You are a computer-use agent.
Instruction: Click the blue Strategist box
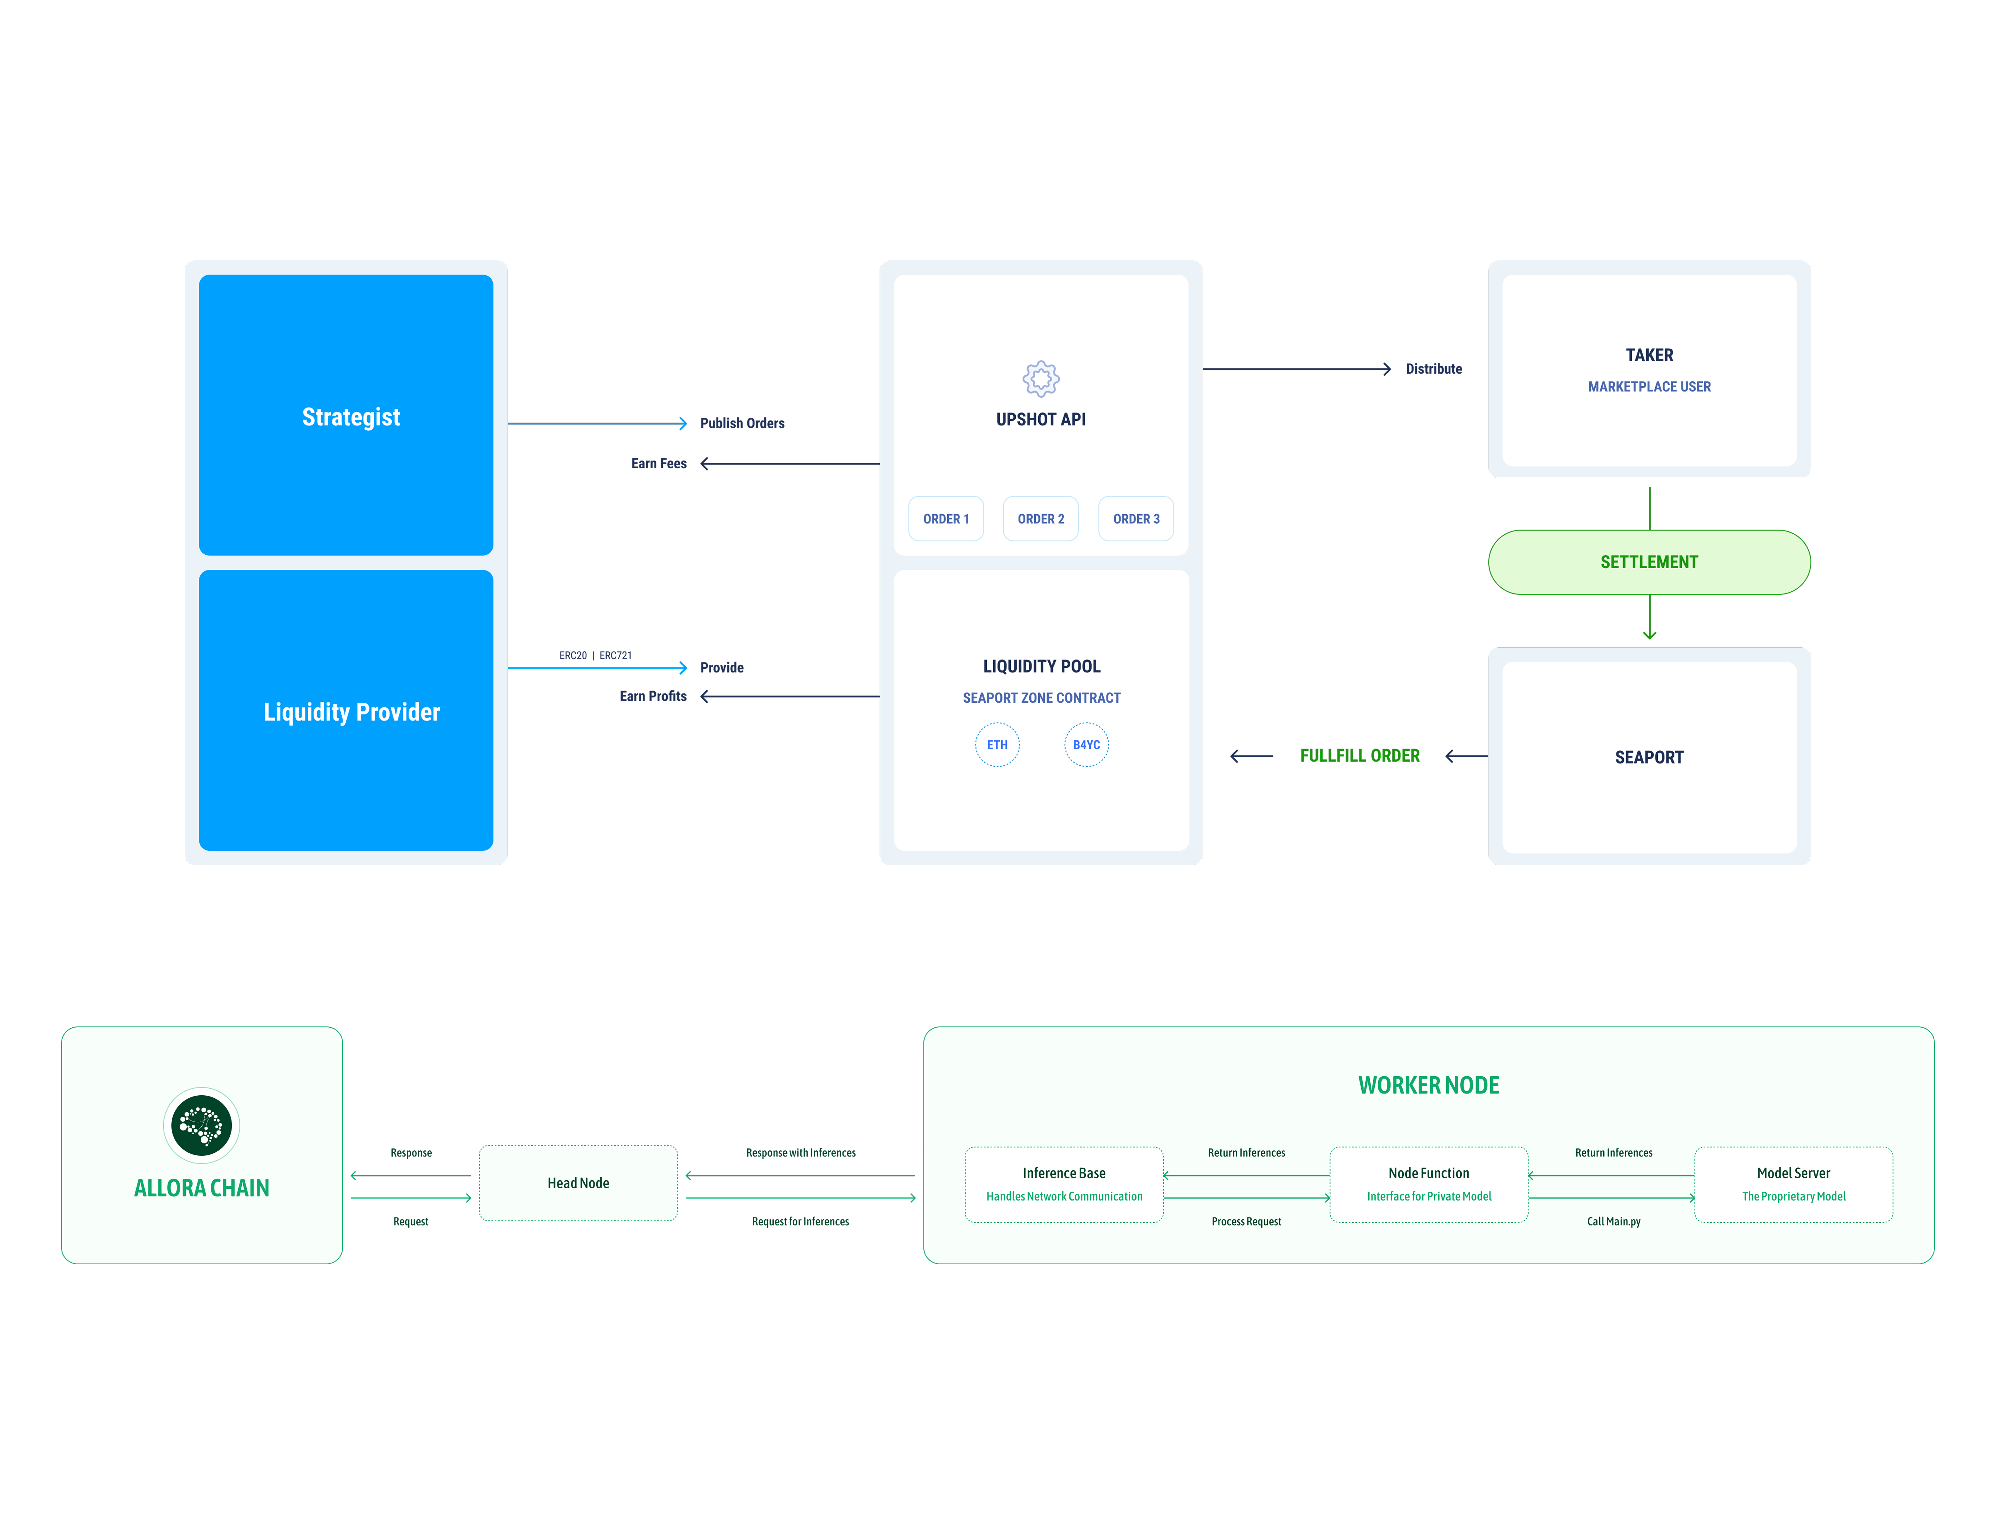[x=346, y=415]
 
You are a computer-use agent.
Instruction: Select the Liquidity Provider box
[x=346, y=710]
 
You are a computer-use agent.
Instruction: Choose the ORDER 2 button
[x=1041, y=518]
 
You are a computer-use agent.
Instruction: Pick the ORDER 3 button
[x=1136, y=518]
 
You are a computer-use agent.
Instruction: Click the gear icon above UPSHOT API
[x=1041, y=379]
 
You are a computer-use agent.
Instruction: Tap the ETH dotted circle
[x=997, y=744]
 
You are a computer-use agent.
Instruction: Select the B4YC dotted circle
[x=1086, y=744]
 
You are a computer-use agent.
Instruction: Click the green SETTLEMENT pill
[x=1649, y=562]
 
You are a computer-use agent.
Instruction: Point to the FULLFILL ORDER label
[x=1359, y=755]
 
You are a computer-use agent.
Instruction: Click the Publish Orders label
[x=742, y=423]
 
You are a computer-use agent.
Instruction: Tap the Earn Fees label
[x=658, y=463]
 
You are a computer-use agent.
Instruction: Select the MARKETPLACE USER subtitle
[x=1649, y=387]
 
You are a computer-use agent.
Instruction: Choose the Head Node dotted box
[x=578, y=1183]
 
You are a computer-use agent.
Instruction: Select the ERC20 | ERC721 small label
[x=596, y=655]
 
